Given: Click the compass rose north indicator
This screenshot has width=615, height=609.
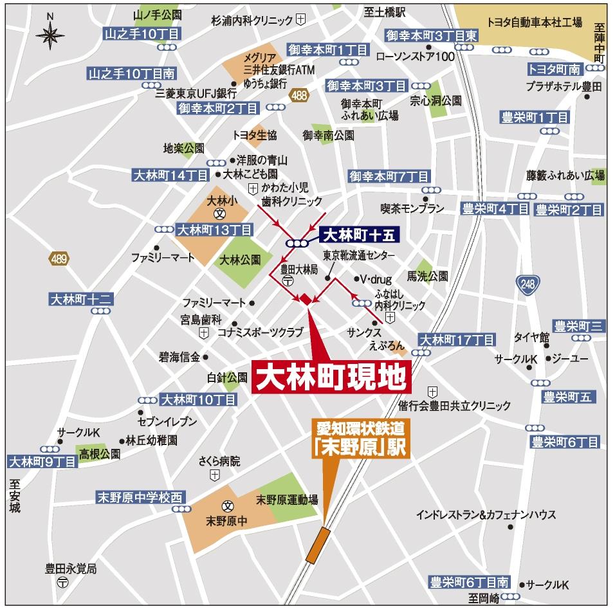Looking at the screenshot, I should [50, 33].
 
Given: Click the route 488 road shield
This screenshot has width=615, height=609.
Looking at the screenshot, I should [298, 95].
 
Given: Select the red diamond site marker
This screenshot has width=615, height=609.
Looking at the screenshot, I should [305, 298].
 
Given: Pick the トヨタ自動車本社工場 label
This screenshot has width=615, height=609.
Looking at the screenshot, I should [535, 23].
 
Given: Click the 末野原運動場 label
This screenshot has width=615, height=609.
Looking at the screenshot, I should [287, 499].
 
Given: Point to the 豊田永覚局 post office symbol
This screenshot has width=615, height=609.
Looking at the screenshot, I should [62, 582].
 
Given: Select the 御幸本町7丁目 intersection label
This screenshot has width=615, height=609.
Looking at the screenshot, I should [389, 176].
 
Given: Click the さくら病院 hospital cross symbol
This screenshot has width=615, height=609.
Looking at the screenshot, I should [214, 475].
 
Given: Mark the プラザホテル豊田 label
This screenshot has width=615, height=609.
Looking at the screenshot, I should [563, 86].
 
